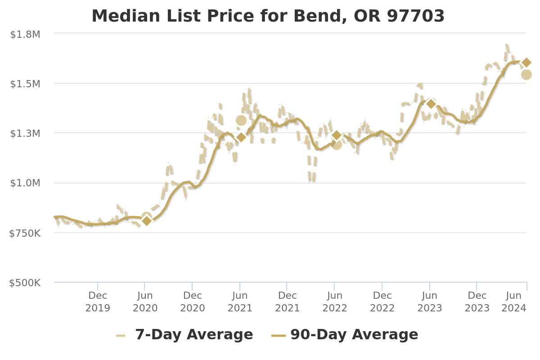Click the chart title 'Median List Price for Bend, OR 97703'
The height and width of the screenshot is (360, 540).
pyautogui.click(x=268, y=16)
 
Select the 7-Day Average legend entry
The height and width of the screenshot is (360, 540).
pyautogui.click(x=184, y=335)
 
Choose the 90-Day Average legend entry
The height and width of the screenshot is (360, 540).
pyautogui.click(x=345, y=335)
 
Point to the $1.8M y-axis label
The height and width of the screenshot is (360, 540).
pyautogui.click(x=25, y=35)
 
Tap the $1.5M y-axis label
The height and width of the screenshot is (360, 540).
pyautogui.click(x=25, y=84)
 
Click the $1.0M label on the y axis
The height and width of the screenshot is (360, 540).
pyautogui.click(x=25, y=183)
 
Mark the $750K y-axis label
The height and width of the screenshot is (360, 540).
pyautogui.click(x=25, y=234)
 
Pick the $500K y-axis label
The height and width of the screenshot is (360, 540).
pyautogui.click(x=25, y=283)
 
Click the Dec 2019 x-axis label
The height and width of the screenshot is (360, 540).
pyautogui.click(x=98, y=301)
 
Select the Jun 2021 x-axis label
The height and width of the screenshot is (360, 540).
pyautogui.click(x=240, y=301)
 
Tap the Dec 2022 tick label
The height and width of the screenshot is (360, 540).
pyautogui.click(x=382, y=301)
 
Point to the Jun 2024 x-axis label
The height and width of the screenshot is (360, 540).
pyautogui.click(x=514, y=301)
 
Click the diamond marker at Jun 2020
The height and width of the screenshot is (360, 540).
pyautogui.click(x=147, y=220)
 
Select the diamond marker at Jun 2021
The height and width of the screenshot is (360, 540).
pyautogui.click(x=241, y=137)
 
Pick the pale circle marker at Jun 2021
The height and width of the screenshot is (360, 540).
pyautogui.click(x=241, y=120)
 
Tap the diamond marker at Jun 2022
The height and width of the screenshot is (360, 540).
pyautogui.click(x=337, y=135)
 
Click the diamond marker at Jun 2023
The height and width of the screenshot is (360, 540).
pyautogui.click(x=431, y=104)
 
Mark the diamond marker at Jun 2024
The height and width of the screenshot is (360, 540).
pyautogui.click(x=526, y=63)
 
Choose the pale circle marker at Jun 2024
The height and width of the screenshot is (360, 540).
pyautogui.click(x=526, y=75)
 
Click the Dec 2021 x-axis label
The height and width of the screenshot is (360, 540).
pyautogui.click(x=287, y=301)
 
